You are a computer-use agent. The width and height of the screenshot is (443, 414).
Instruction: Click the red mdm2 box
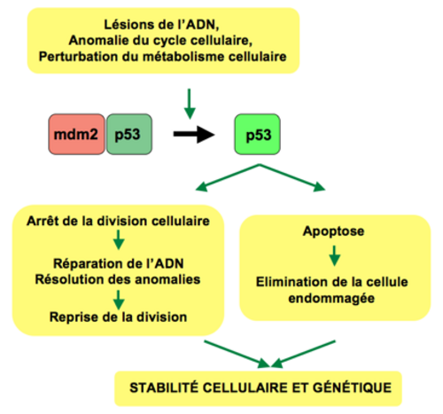click(x=76, y=134)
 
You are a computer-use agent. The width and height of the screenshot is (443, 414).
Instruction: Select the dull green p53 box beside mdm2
click(x=129, y=134)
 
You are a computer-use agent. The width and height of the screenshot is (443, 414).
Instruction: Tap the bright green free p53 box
click(x=257, y=134)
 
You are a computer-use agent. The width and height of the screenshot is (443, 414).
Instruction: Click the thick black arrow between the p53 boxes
click(x=194, y=135)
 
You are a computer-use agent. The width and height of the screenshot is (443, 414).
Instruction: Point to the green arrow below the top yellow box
click(x=190, y=104)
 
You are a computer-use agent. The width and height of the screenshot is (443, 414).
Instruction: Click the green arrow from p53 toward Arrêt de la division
click(x=228, y=177)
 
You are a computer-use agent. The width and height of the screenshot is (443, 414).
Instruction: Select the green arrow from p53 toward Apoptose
click(x=292, y=177)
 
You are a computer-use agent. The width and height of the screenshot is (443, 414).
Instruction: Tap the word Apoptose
click(x=333, y=231)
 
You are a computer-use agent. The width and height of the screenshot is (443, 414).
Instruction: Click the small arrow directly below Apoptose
click(x=334, y=255)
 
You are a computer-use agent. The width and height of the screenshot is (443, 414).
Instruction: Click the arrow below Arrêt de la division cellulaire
click(x=119, y=239)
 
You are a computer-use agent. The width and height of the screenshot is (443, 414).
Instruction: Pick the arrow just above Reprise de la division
click(x=119, y=300)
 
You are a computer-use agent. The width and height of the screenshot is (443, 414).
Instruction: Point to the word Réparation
click(x=83, y=264)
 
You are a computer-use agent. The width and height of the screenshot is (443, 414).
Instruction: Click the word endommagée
click(x=331, y=299)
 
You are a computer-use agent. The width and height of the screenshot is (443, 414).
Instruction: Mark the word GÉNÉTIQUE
click(x=353, y=387)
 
